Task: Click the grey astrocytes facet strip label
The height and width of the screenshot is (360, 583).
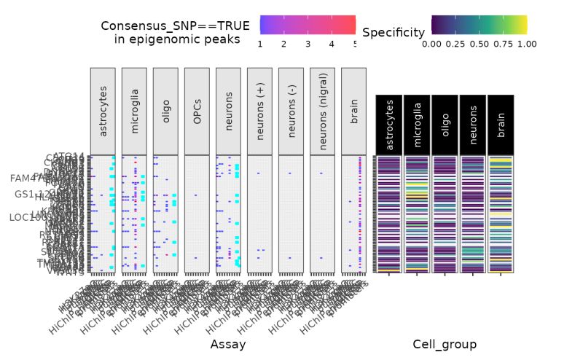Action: [103, 110]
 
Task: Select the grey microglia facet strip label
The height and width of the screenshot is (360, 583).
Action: [134, 110]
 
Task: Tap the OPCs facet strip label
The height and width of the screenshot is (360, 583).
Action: [197, 110]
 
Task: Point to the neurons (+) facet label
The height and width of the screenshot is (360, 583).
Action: [259, 110]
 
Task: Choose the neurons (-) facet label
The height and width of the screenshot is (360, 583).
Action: [291, 110]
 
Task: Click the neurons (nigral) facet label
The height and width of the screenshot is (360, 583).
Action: [322, 110]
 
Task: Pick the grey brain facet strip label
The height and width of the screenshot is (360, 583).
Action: [353, 110]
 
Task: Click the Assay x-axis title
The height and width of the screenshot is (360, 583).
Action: [227, 343]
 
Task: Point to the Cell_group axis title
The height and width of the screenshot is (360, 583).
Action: [445, 343]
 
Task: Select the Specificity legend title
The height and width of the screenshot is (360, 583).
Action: [394, 32]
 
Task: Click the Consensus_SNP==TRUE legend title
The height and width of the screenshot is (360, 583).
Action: [175, 32]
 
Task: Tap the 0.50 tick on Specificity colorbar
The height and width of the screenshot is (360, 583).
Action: [479, 44]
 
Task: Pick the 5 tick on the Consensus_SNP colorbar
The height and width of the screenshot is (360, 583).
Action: [356, 44]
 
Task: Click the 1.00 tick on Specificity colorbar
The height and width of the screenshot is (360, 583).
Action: [526, 44]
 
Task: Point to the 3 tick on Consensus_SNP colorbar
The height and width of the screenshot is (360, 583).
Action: [308, 44]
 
